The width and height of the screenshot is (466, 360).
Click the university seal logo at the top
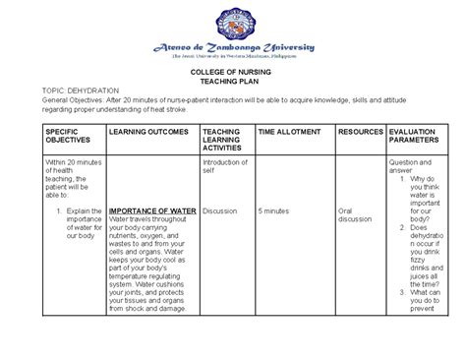click(233, 22)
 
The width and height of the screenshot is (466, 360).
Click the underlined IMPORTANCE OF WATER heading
click(152, 210)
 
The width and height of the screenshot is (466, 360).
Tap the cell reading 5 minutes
click(273, 210)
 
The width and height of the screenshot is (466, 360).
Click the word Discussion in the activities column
click(219, 210)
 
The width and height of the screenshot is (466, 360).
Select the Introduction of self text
click(224, 166)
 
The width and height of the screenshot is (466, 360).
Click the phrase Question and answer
click(413, 166)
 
